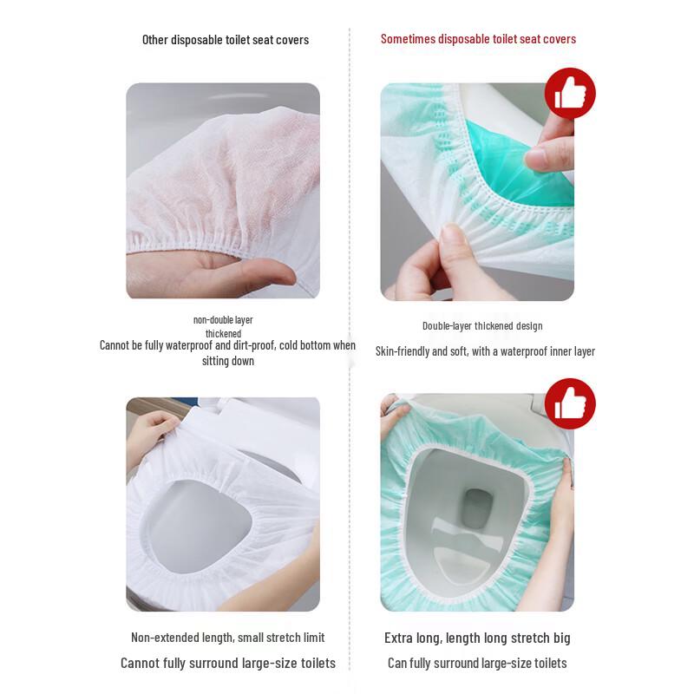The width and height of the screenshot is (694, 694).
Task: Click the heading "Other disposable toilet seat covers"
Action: pos(226,40)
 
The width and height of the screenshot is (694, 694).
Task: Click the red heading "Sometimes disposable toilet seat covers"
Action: pos(478,39)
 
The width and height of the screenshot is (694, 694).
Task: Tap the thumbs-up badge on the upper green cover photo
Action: pos(570,93)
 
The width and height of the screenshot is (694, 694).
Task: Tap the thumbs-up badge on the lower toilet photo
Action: pos(570,403)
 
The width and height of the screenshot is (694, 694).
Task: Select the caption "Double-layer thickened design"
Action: pos(482,326)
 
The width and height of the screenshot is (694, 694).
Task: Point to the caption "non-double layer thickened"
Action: pos(223,327)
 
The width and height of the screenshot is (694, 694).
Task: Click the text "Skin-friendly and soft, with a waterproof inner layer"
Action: pos(485,351)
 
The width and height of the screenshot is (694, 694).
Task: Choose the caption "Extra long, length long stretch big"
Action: pos(477,638)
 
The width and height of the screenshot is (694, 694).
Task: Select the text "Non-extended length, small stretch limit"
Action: pos(228,638)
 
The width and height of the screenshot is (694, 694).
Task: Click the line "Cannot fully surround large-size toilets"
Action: pos(228,663)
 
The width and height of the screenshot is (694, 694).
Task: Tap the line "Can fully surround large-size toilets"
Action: pos(477,663)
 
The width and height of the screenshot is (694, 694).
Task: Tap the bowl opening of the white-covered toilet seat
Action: pos(201,527)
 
